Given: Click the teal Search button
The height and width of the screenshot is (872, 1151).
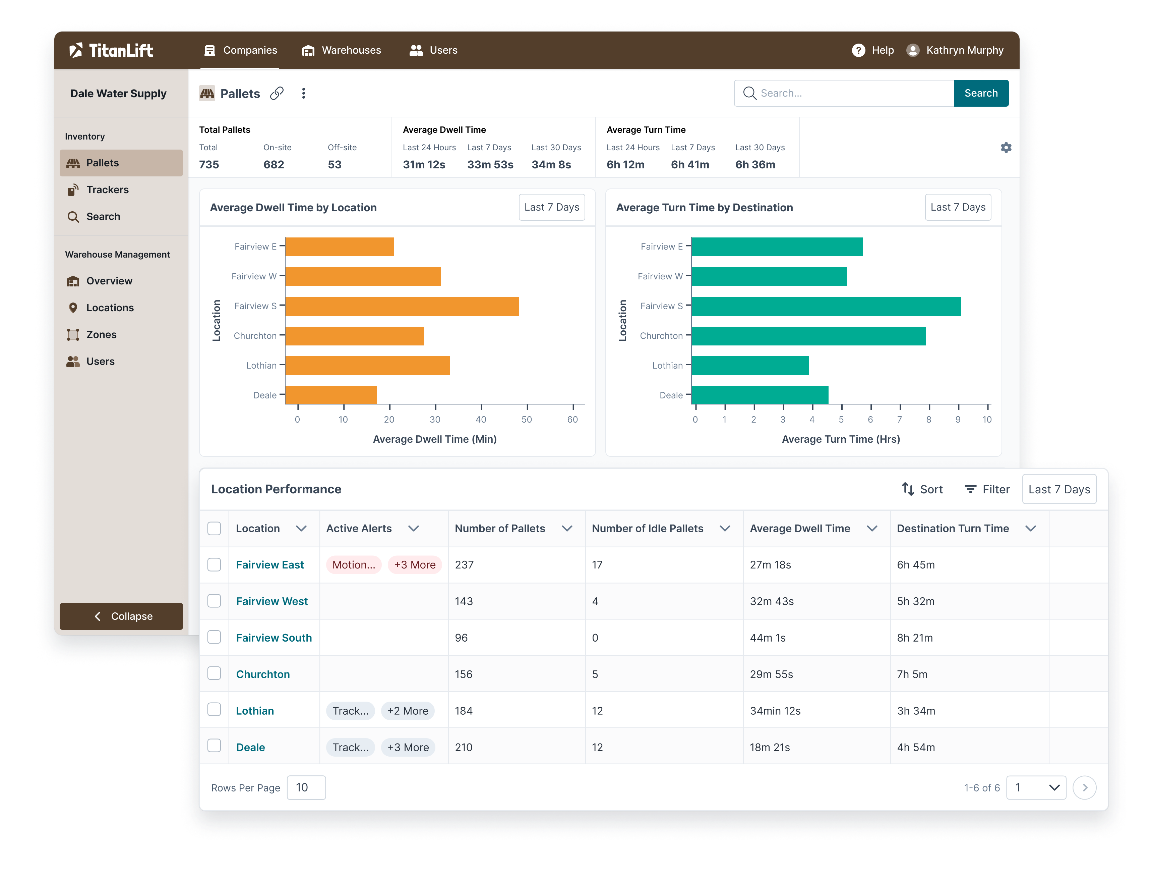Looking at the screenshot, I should pos(980,93).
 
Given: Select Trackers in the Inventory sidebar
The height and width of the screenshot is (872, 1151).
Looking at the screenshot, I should pos(107,189).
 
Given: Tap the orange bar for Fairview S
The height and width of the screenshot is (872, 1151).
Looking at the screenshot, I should pos(402,306).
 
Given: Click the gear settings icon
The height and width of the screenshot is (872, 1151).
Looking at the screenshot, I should pos(1006,148).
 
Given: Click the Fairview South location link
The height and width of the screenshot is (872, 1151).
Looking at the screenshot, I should pos(274,638).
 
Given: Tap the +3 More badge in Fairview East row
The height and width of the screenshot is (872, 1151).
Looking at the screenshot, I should pos(414,565).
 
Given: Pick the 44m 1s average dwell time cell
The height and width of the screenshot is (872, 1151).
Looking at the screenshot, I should pos(768,638).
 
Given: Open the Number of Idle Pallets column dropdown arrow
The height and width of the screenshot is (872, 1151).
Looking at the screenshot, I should pos(724,529).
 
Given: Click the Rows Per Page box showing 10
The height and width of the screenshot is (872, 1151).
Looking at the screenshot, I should pos(306,787).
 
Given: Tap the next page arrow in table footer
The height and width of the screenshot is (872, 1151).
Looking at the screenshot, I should pos(1084,787).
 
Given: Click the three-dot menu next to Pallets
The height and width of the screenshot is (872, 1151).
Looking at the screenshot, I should pos(303,93).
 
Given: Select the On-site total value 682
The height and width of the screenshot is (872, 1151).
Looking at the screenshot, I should pos(274,165).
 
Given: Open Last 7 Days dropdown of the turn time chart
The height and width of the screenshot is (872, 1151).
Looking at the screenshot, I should pos(957,207).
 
